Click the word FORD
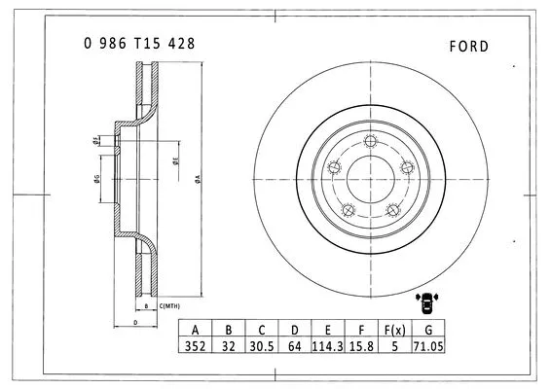(470, 46)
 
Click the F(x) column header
(393, 329)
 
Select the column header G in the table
(426, 329)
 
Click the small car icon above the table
(426, 303)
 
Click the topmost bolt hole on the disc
(370, 144)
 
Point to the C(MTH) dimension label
(170, 306)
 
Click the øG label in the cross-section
(96, 178)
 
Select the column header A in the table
(196, 329)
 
